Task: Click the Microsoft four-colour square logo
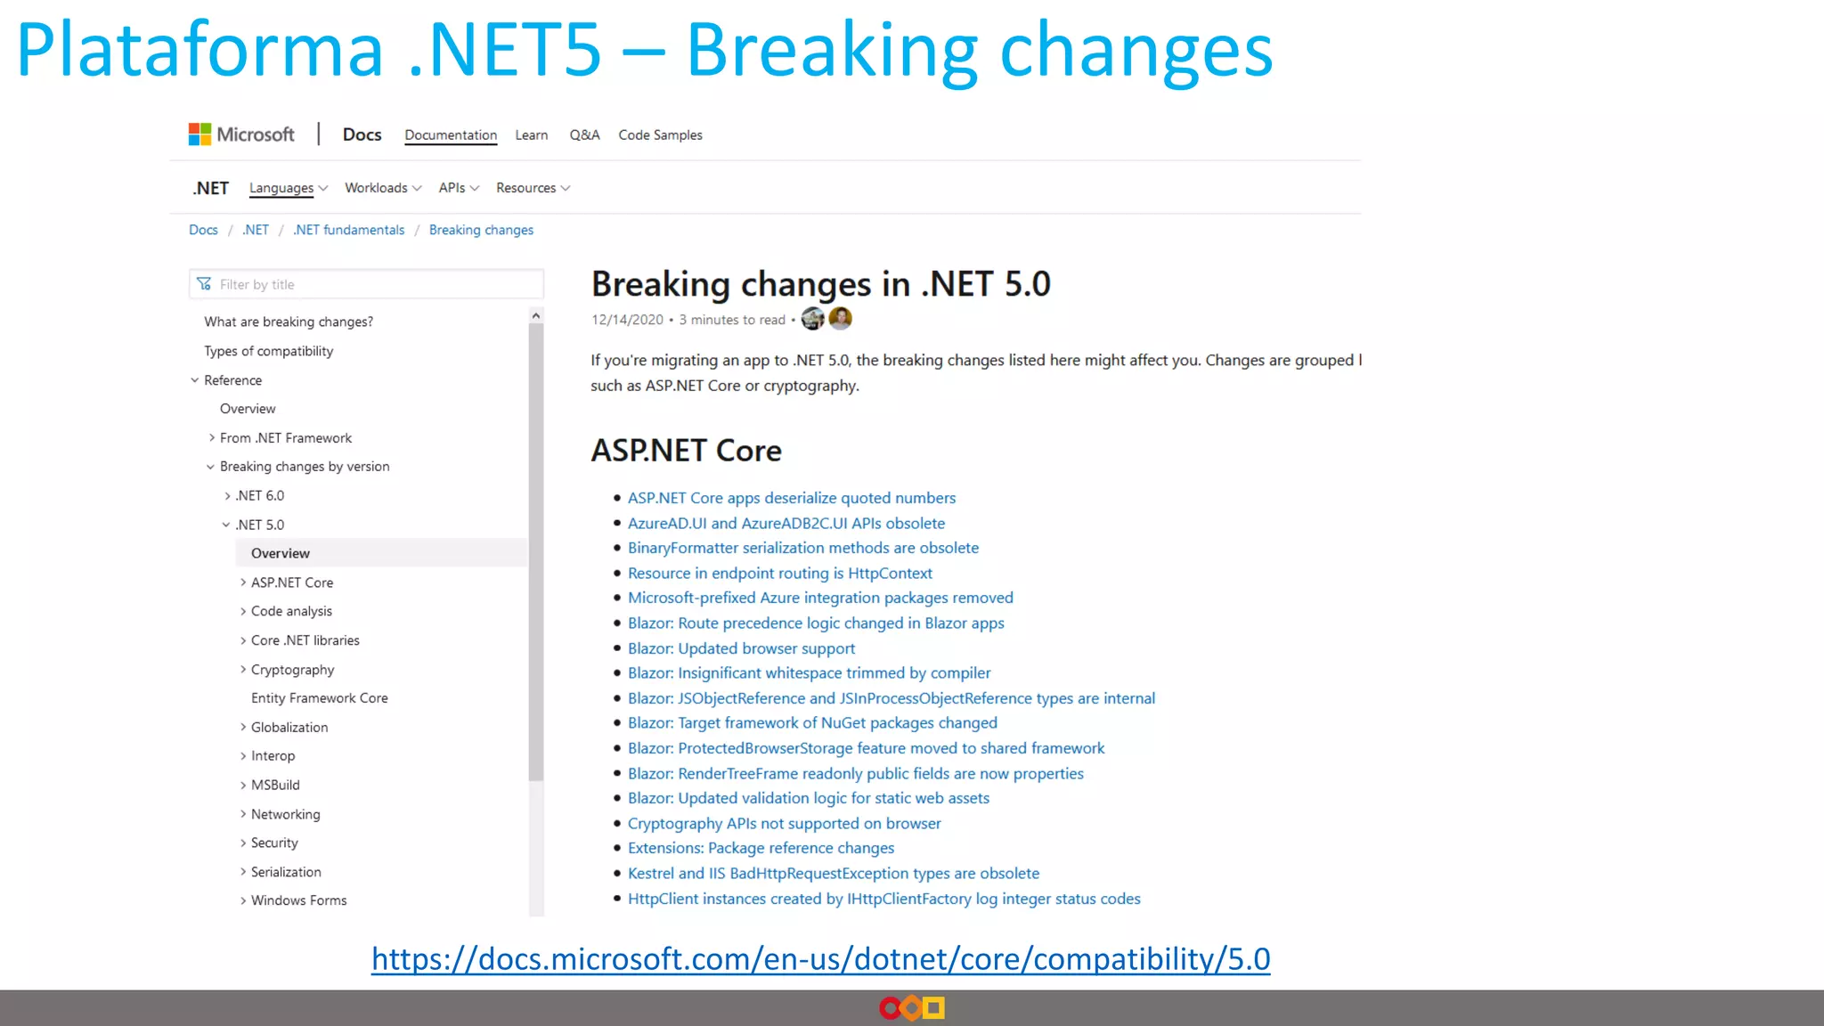(x=199, y=134)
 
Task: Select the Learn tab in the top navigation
(x=531, y=135)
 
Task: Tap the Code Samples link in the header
(x=660, y=135)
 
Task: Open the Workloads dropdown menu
(x=383, y=188)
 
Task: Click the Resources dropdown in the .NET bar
(x=533, y=188)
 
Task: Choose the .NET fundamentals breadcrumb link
(x=348, y=230)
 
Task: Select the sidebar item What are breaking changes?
(x=289, y=322)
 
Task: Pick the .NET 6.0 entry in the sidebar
(x=260, y=496)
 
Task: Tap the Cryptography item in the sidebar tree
(x=292, y=670)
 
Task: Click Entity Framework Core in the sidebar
(x=319, y=698)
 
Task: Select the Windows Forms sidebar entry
(x=298, y=900)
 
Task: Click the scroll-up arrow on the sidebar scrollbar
(x=535, y=316)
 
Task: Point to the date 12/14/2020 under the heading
(x=627, y=320)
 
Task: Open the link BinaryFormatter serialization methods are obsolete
(x=802, y=548)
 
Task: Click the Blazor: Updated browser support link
(x=741, y=648)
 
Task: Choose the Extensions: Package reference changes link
(x=761, y=848)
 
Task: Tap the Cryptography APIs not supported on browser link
(x=784, y=824)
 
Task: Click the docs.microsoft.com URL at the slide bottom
(x=820, y=959)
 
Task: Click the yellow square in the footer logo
(x=933, y=1008)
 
